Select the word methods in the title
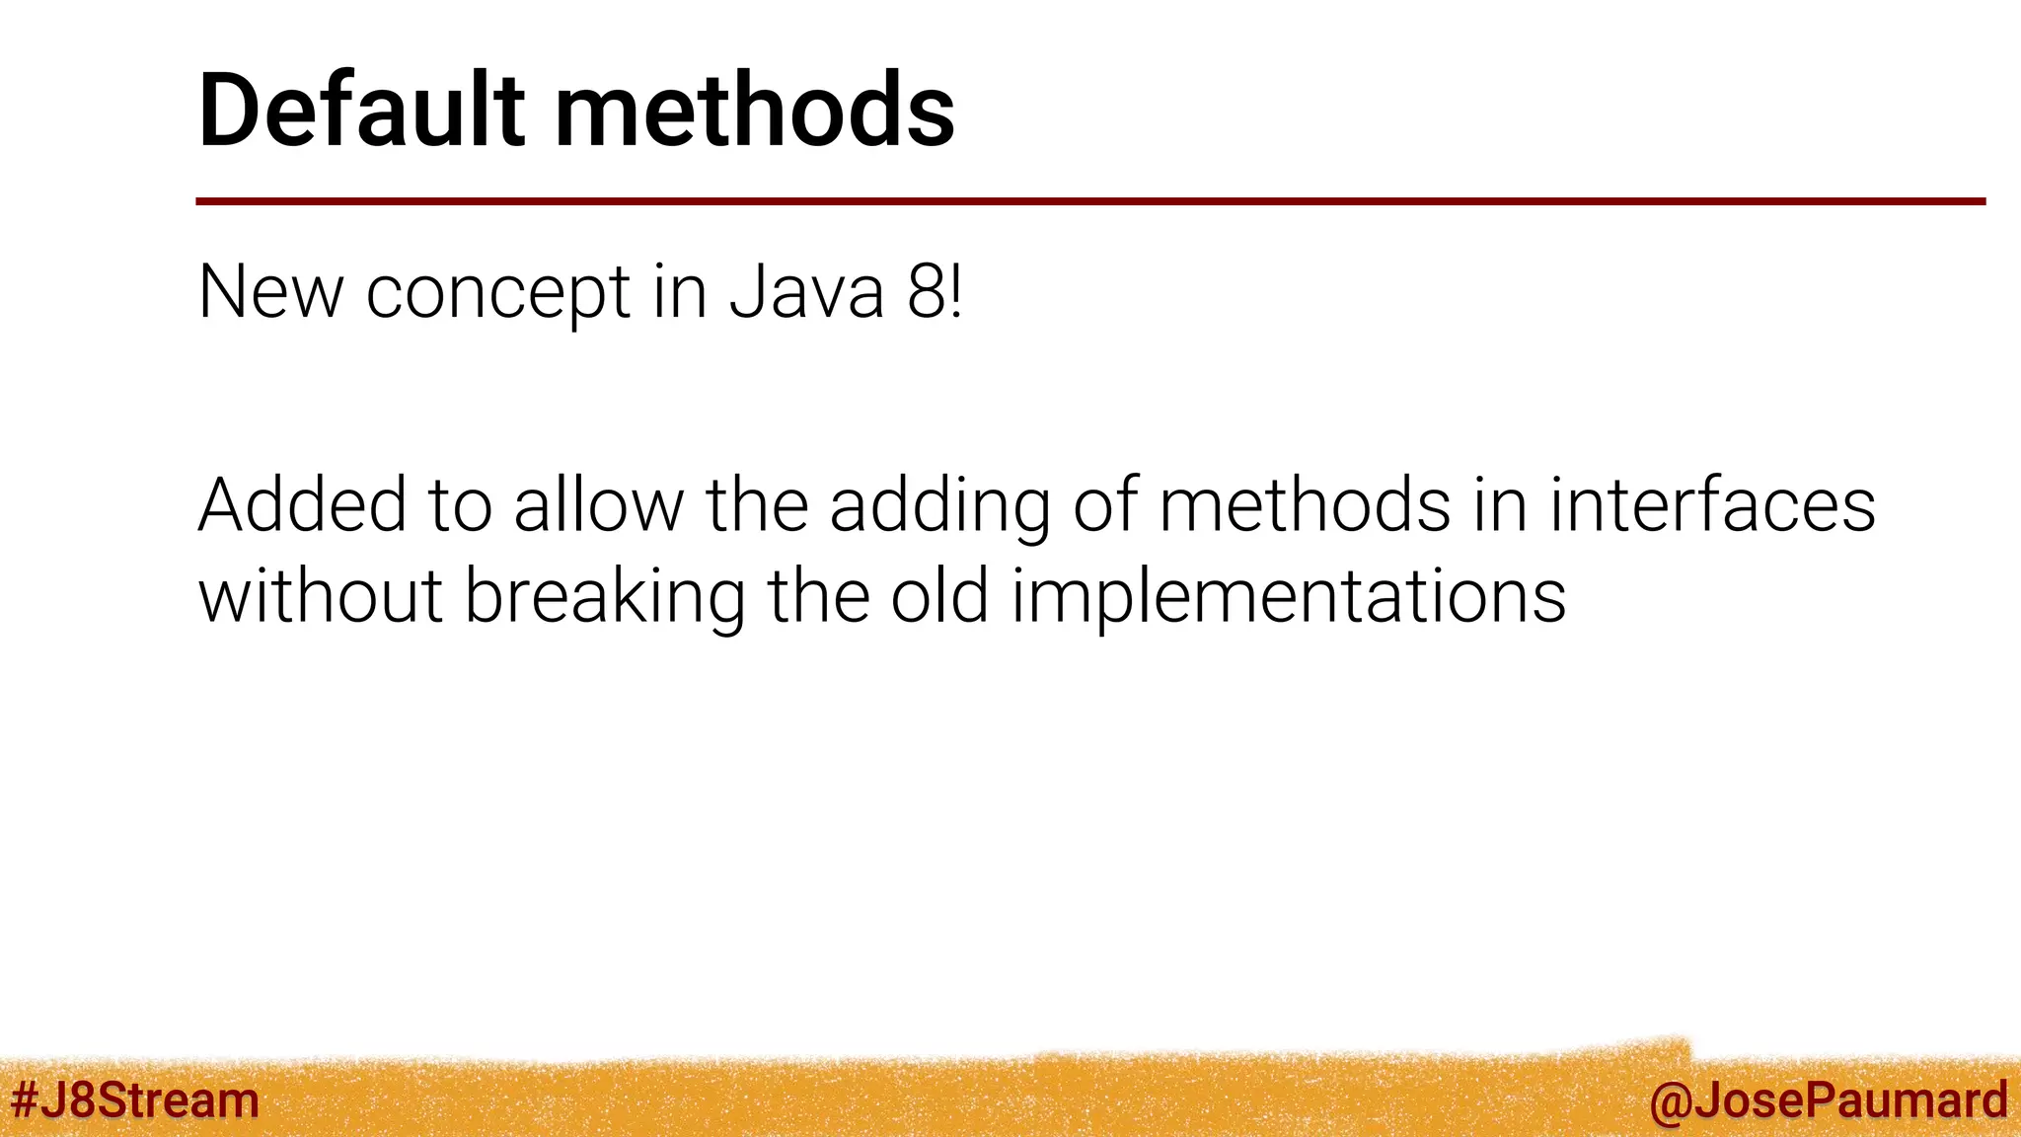(x=755, y=111)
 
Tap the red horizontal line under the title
(x=1089, y=201)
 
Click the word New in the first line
(x=270, y=293)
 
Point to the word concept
(x=498, y=293)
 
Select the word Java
(x=806, y=293)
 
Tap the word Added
(x=302, y=505)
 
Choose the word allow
(x=598, y=505)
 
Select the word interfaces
(x=1712, y=505)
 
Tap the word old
(x=939, y=597)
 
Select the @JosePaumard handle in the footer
(x=1828, y=1100)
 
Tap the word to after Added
(x=460, y=505)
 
